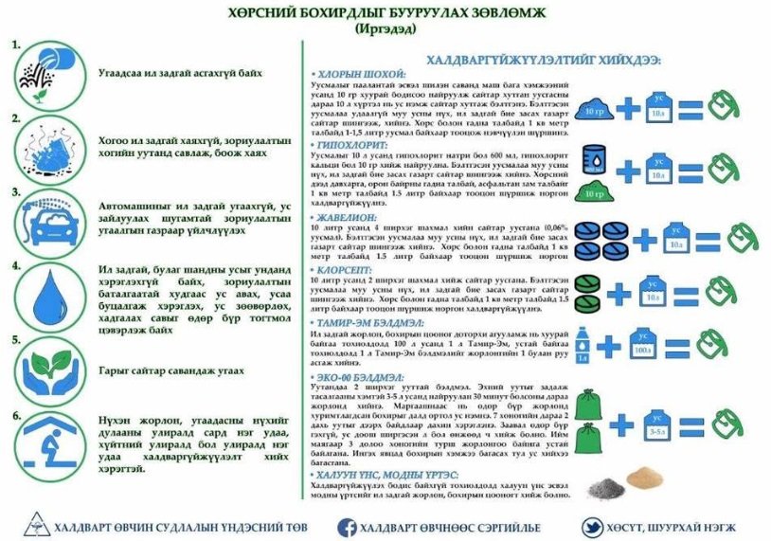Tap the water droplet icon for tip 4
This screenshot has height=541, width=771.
[47, 295]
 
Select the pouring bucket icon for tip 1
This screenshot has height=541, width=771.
[47, 71]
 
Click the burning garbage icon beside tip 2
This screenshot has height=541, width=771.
[47, 145]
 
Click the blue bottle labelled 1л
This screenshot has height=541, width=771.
[583, 346]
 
